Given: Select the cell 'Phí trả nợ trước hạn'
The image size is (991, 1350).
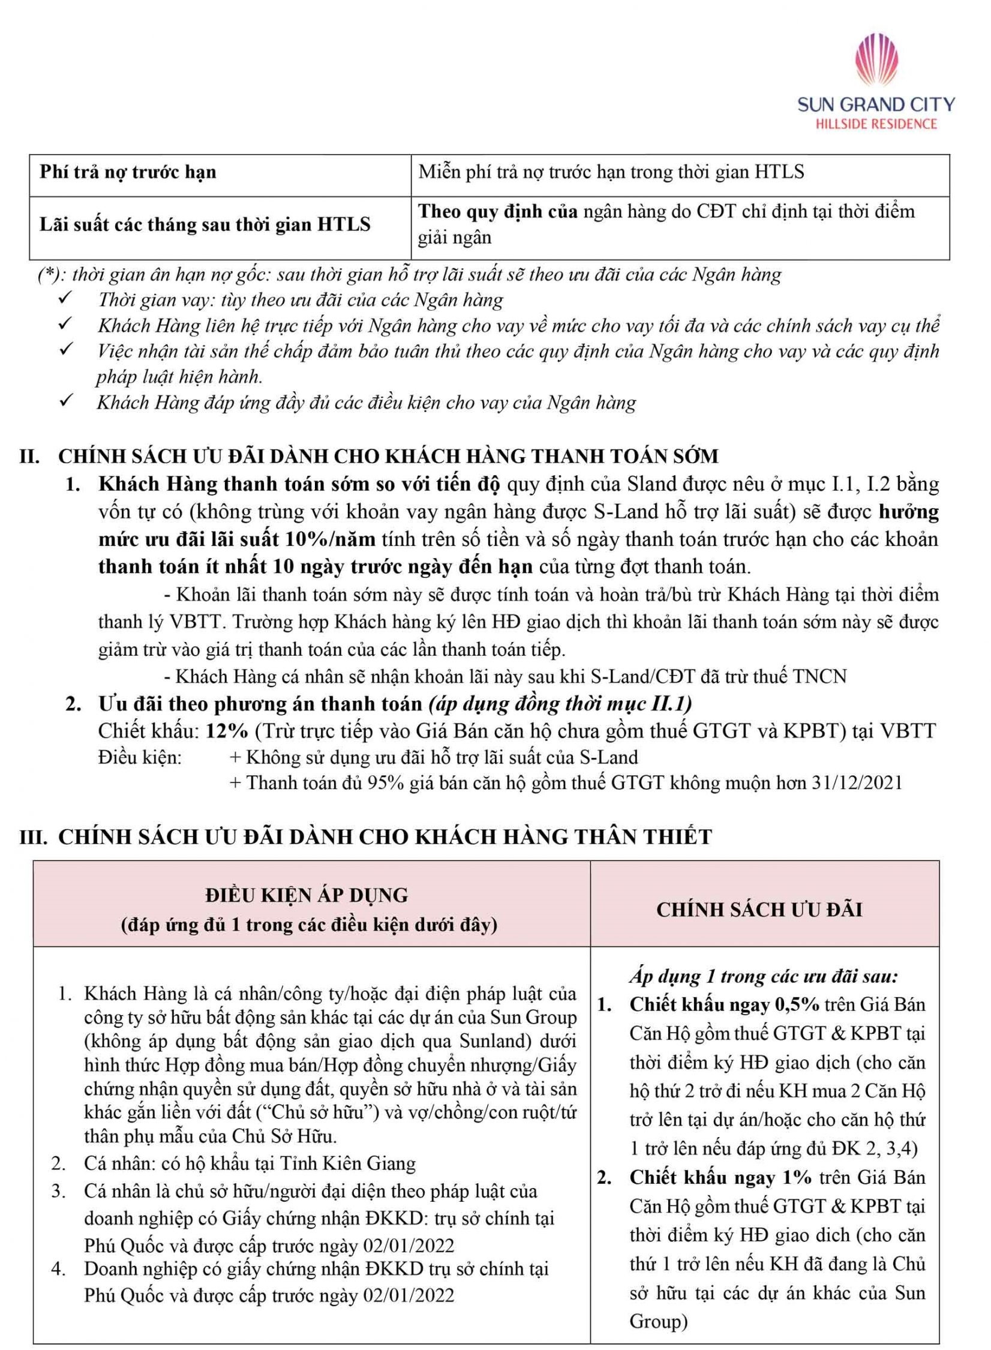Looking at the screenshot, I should coord(128,172).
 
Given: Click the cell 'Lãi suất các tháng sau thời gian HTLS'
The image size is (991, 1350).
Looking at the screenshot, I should coord(205,224).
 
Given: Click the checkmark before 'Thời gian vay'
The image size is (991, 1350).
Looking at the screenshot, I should coord(65,298).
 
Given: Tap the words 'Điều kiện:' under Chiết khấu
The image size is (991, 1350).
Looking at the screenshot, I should coord(139,757).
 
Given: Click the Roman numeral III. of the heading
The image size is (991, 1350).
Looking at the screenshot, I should coord(34,837).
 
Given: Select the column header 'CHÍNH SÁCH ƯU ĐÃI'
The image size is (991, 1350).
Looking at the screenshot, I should coord(759,910).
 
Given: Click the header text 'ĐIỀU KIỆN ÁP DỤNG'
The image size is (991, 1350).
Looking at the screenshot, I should coord(307,895).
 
